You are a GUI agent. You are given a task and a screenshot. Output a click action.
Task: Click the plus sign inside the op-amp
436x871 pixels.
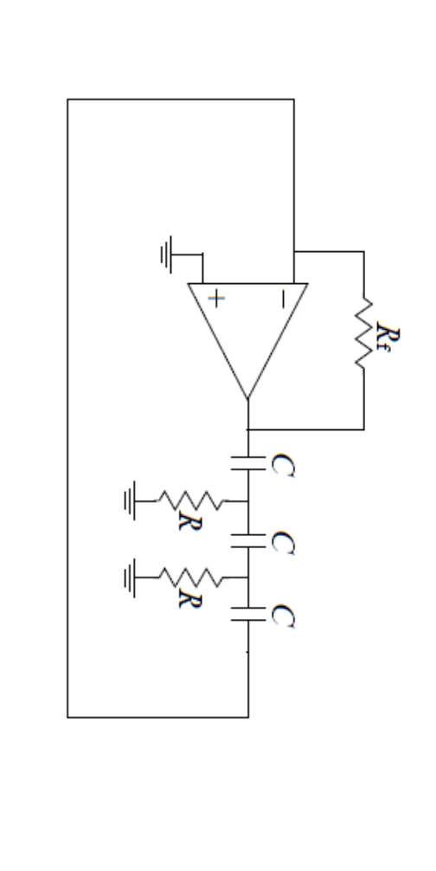(x=216, y=299)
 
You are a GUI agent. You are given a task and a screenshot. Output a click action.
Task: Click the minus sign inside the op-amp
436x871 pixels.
(x=281, y=299)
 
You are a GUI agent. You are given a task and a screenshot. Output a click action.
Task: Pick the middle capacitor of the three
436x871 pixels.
(x=248, y=541)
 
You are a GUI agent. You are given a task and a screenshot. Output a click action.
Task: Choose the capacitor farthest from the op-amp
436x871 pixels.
(x=248, y=616)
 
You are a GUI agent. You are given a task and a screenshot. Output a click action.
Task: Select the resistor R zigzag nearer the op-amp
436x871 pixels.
(x=190, y=500)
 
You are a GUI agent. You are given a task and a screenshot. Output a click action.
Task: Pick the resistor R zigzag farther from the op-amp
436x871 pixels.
(x=190, y=576)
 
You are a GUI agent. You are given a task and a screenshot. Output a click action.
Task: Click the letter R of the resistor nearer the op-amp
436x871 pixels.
(x=184, y=520)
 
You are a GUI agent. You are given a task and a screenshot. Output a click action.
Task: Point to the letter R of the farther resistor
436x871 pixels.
(x=184, y=597)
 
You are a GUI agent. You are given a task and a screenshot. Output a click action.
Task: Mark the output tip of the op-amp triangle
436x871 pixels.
(x=248, y=399)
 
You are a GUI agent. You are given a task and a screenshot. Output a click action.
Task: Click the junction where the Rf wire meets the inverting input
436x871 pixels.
(x=294, y=252)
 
